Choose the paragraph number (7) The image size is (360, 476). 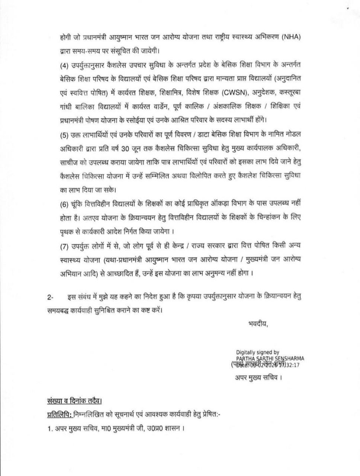tap(64, 246)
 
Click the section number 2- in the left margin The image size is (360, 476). tap(51, 296)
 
